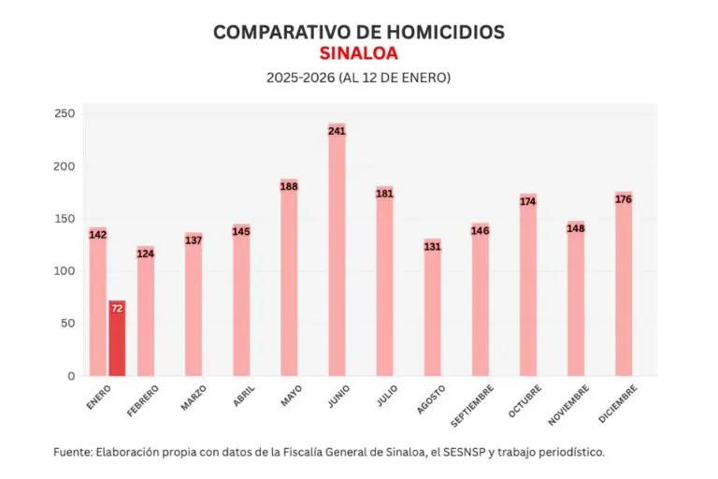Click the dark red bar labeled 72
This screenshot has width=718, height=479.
click(117, 339)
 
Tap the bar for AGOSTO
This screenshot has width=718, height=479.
click(432, 309)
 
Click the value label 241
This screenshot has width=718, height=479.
click(337, 131)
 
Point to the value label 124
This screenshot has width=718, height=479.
click(146, 254)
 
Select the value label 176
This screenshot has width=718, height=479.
click(624, 198)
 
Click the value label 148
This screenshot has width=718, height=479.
click(576, 228)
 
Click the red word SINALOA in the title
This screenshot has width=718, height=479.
click(359, 53)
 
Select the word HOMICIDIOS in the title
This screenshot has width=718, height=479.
click(439, 32)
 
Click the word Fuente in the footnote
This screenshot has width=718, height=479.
click(72, 451)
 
